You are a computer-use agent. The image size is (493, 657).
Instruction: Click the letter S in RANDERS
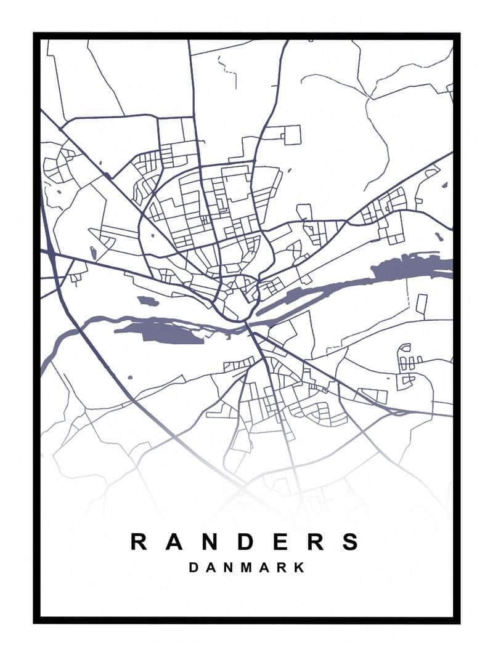(x=351, y=542)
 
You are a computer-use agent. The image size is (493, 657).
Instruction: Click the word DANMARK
(x=246, y=567)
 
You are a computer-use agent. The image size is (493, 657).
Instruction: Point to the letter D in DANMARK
(x=193, y=567)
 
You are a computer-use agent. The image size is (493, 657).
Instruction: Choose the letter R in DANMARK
(x=282, y=567)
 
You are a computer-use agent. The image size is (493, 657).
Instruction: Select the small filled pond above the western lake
(x=147, y=301)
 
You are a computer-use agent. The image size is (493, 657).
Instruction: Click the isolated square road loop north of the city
(x=291, y=134)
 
